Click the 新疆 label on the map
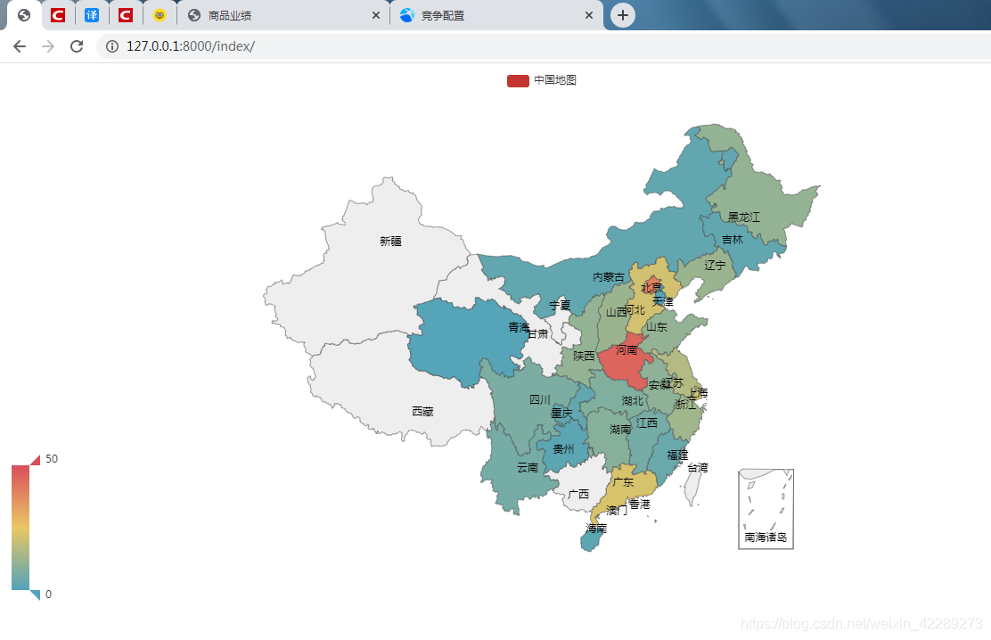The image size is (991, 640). pyautogui.click(x=390, y=241)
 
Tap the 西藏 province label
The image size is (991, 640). pyautogui.click(x=422, y=411)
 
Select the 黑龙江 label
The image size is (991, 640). pyautogui.click(x=743, y=217)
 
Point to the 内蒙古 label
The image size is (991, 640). pyautogui.click(x=609, y=277)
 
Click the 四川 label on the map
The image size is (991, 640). pyautogui.click(x=540, y=399)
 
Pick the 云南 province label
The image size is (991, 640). pyautogui.click(x=528, y=467)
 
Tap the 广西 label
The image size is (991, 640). pyautogui.click(x=578, y=494)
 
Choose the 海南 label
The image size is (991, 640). pyautogui.click(x=596, y=529)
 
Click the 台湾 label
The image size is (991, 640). pyautogui.click(x=698, y=467)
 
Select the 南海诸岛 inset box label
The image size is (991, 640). pyautogui.click(x=766, y=537)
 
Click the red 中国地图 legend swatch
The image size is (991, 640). pyautogui.click(x=518, y=80)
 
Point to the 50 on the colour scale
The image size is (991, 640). pyautogui.click(x=52, y=458)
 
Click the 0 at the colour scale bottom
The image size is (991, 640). pyautogui.click(x=48, y=595)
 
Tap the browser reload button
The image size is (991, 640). pyautogui.click(x=77, y=46)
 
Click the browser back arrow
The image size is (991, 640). pyautogui.click(x=20, y=46)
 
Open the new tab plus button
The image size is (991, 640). pyautogui.click(x=622, y=15)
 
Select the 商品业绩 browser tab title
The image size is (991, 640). pyautogui.click(x=230, y=15)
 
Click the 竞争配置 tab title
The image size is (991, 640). pyautogui.click(x=443, y=15)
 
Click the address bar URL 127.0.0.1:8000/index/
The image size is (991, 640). pyautogui.click(x=191, y=46)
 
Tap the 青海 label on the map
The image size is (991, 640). pyautogui.click(x=519, y=327)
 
